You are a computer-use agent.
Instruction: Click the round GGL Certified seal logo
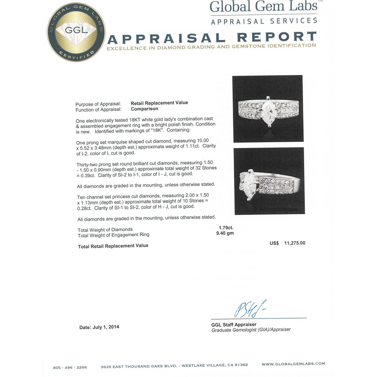[76, 32]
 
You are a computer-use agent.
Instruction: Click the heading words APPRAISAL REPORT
[212, 38]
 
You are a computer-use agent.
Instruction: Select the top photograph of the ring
[268, 109]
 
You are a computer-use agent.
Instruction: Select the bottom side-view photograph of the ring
[269, 181]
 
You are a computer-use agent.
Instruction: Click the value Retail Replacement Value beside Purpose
[159, 103]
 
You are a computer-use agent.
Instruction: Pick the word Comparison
[145, 109]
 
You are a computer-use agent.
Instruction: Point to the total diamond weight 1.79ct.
[226, 227]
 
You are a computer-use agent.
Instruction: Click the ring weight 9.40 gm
[225, 233]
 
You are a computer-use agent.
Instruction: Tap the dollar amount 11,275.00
[294, 243]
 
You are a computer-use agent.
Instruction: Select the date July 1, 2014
[106, 327]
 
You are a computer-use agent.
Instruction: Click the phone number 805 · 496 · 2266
[70, 367]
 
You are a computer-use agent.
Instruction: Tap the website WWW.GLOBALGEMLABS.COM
[293, 364]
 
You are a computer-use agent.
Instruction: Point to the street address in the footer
[174, 366]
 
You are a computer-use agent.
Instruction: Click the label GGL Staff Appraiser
[234, 325]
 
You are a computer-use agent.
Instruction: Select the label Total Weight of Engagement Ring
[113, 235]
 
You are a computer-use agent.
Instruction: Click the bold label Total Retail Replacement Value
[113, 246]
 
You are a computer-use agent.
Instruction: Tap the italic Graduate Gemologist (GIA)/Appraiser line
[251, 330]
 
